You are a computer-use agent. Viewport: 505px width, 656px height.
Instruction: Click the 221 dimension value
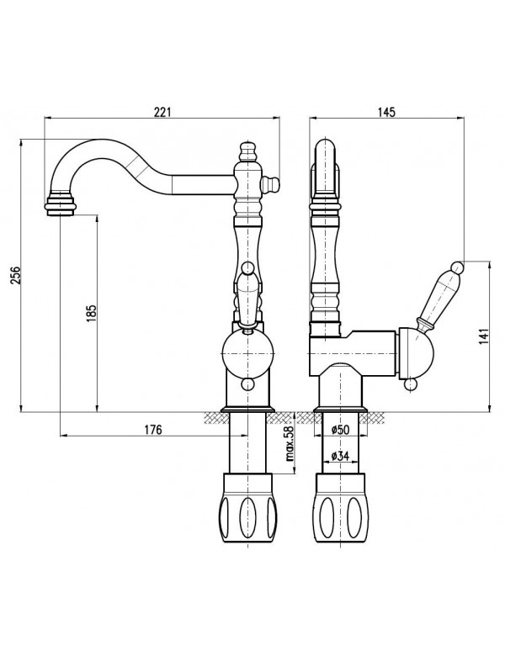tap(163, 112)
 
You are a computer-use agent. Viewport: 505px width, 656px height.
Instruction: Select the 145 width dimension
tap(386, 112)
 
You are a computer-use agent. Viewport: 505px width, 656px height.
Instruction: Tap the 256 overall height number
tap(15, 275)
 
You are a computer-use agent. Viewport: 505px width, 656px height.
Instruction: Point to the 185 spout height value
tap(91, 313)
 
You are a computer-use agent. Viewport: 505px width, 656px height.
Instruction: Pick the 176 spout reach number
tap(153, 429)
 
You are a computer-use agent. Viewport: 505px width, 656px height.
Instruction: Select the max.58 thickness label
tap(290, 443)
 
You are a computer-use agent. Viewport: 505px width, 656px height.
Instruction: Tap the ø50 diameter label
tap(340, 430)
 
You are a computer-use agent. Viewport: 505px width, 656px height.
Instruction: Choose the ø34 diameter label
tap(340, 456)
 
